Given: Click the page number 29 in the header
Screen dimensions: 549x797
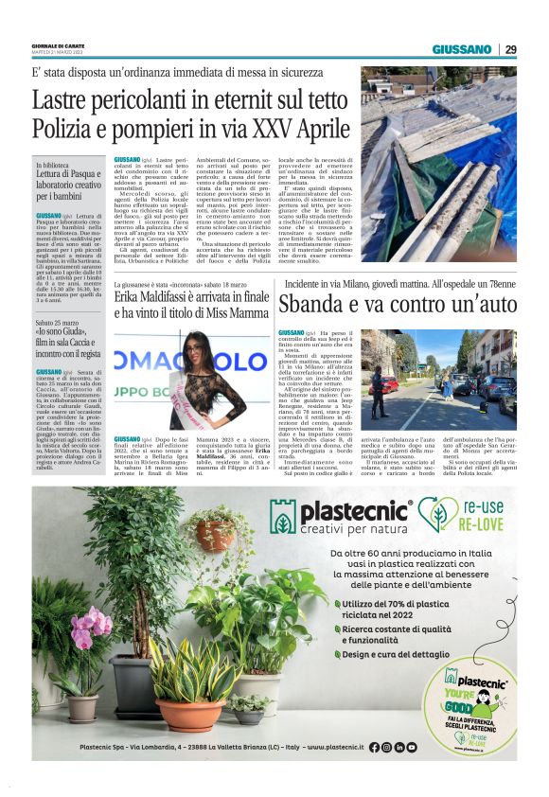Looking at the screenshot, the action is tap(511, 49).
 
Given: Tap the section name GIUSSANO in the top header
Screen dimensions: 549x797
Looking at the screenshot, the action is tap(462, 49).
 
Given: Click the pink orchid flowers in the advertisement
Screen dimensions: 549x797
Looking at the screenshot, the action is tap(93, 628).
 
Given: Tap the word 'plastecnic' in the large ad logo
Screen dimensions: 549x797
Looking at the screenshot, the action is tap(355, 512).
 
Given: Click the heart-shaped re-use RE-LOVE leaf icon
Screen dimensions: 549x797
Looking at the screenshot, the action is tap(438, 516).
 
